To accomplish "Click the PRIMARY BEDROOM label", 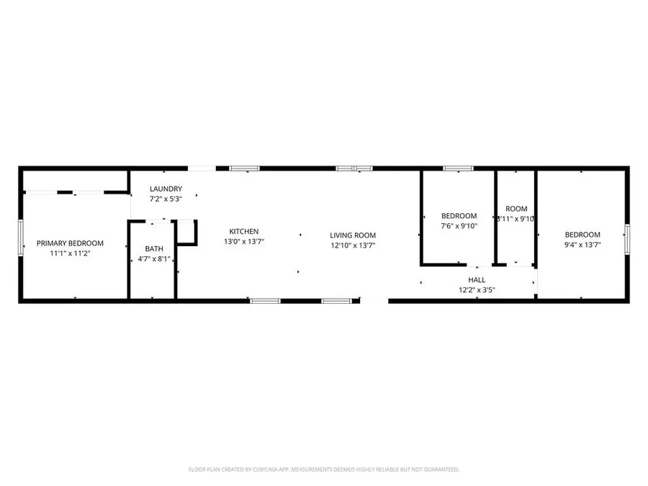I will (71, 243).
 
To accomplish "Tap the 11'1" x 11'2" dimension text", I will (71, 253).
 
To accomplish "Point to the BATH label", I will (154, 249).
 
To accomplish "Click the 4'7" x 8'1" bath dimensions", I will (154, 259).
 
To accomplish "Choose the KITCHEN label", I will (244, 231).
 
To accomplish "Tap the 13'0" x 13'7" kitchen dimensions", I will (244, 241).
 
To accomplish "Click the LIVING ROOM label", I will (353, 235).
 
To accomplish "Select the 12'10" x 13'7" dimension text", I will (353, 246).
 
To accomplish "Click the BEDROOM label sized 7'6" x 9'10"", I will (459, 216).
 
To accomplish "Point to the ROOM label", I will (516, 209).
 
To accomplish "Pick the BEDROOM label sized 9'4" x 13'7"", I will (582, 235).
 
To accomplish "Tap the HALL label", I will (477, 280).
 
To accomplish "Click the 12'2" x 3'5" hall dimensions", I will (477, 290).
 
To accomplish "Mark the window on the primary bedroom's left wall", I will (20, 238).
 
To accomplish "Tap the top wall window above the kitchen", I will (243, 168).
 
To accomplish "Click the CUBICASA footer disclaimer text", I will (324, 469).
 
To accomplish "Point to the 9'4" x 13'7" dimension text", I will (582, 245).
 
